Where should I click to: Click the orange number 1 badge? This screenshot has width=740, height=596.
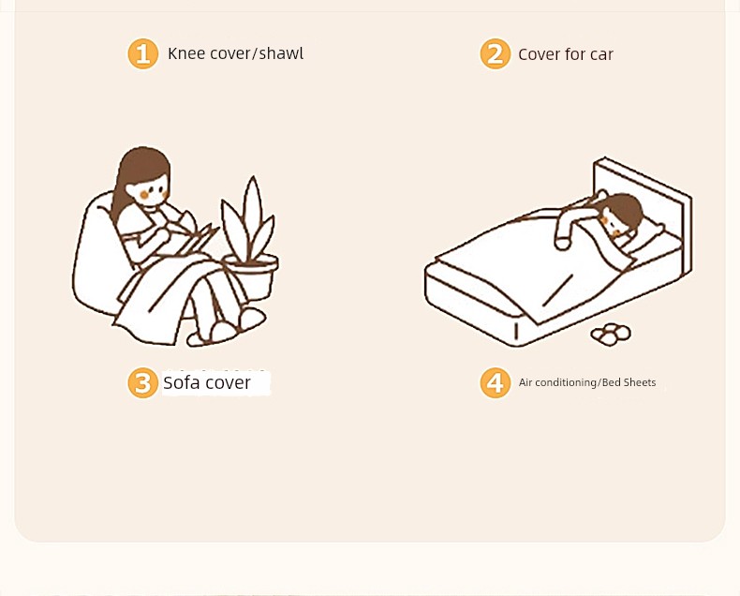pyautogui.click(x=143, y=53)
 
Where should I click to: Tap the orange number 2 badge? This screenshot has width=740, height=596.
pyautogui.click(x=496, y=53)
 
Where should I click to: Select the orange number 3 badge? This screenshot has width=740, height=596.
pyautogui.click(x=143, y=382)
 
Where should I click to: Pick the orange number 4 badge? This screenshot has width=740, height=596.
pyautogui.click(x=496, y=382)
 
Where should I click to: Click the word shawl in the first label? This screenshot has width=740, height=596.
pyautogui.click(x=281, y=52)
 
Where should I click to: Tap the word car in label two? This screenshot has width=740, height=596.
pyautogui.click(x=601, y=54)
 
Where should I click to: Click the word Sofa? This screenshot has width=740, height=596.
pyautogui.click(x=180, y=382)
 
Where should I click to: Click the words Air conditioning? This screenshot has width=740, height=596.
pyautogui.click(x=558, y=383)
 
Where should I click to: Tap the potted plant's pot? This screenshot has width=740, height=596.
pyautogui.click(x=251, y=276)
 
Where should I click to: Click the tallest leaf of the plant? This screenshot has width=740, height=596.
pyautogui.click(x=253, y=217)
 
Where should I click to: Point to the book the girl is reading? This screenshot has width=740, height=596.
pyautogui.click(x=199, y=239)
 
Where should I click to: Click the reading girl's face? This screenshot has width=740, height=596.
pyautogui.click(x=149, y=190)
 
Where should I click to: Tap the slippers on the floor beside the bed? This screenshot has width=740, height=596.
pyautogui.click(x=611, y=334)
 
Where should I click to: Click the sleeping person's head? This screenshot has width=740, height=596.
pyautogui.click(x=620, y=216)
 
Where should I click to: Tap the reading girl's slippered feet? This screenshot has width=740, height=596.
pyautogui.click(x=228, y=327)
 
